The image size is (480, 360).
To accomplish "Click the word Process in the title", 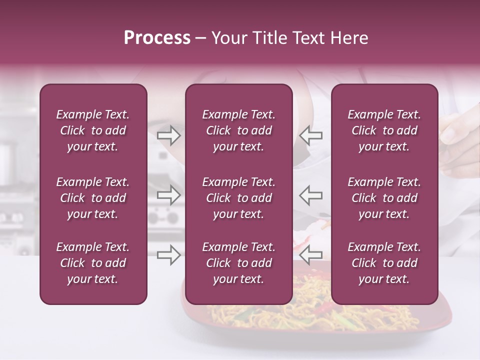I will pos(157,38).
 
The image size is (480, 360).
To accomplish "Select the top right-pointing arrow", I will pos(168,135).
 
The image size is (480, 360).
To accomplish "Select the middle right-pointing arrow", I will pos(168,194).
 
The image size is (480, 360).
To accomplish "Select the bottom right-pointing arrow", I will pos(168,254).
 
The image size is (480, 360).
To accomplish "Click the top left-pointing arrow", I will pos(311,135).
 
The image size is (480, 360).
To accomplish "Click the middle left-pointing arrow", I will pos(311,194).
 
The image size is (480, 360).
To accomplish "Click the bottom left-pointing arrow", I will pos(311,254).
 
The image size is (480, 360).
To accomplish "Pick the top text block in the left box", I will pos(93,130).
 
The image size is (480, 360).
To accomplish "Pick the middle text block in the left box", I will pos(93,198).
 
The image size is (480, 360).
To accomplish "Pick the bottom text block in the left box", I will pos(93,263).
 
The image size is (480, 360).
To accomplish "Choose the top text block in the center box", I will pos(238,130).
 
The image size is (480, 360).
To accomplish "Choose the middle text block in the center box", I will pos(238,198).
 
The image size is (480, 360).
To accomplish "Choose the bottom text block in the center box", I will pos(238,263).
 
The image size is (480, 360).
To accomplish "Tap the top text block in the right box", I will pos(384,130).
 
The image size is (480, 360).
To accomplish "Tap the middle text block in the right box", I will pos(384,198).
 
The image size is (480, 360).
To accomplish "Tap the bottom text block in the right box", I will pos(384,263).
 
